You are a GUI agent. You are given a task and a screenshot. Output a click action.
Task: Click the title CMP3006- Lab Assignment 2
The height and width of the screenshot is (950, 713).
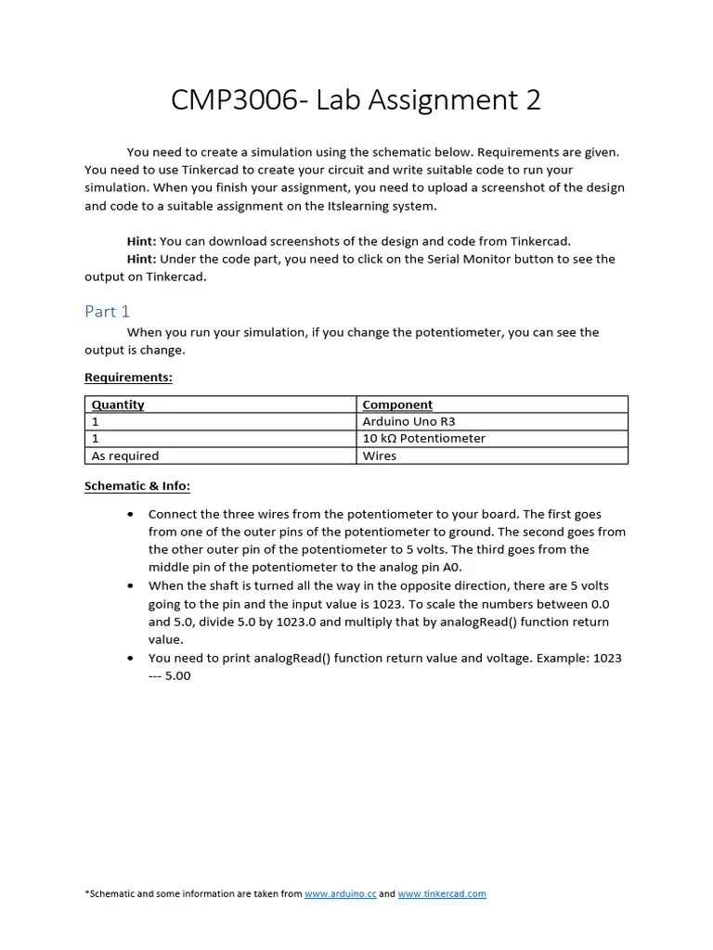356,100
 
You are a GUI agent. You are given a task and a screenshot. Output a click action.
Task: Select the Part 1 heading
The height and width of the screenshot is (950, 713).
108,312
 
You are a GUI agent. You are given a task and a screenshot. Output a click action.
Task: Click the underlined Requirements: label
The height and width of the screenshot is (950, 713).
128,378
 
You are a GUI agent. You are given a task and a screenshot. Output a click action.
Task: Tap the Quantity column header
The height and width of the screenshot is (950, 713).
118,404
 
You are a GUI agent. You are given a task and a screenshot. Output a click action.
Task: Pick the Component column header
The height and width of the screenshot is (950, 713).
397,404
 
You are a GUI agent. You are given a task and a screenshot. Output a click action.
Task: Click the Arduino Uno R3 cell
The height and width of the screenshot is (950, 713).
408,421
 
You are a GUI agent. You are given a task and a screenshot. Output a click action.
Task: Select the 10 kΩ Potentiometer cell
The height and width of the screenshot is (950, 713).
423,438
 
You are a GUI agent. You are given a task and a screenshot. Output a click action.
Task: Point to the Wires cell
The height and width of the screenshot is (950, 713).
380,456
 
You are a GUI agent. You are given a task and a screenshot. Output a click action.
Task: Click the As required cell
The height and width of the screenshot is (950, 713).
125,456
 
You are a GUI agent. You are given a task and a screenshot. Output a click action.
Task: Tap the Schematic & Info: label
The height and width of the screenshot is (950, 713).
137,485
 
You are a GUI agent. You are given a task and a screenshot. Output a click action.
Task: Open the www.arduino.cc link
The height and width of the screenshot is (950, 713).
340,893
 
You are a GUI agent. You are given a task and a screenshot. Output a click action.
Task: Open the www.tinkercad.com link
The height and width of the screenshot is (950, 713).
442,893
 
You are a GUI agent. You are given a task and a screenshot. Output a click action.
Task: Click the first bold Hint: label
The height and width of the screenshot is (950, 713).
141,241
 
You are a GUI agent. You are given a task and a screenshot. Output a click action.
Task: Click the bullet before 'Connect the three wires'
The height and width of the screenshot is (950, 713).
129,514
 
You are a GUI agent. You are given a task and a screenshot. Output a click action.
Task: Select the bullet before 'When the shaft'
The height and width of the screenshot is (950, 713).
129,586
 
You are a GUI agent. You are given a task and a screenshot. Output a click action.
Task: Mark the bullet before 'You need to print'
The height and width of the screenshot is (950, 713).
129,659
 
